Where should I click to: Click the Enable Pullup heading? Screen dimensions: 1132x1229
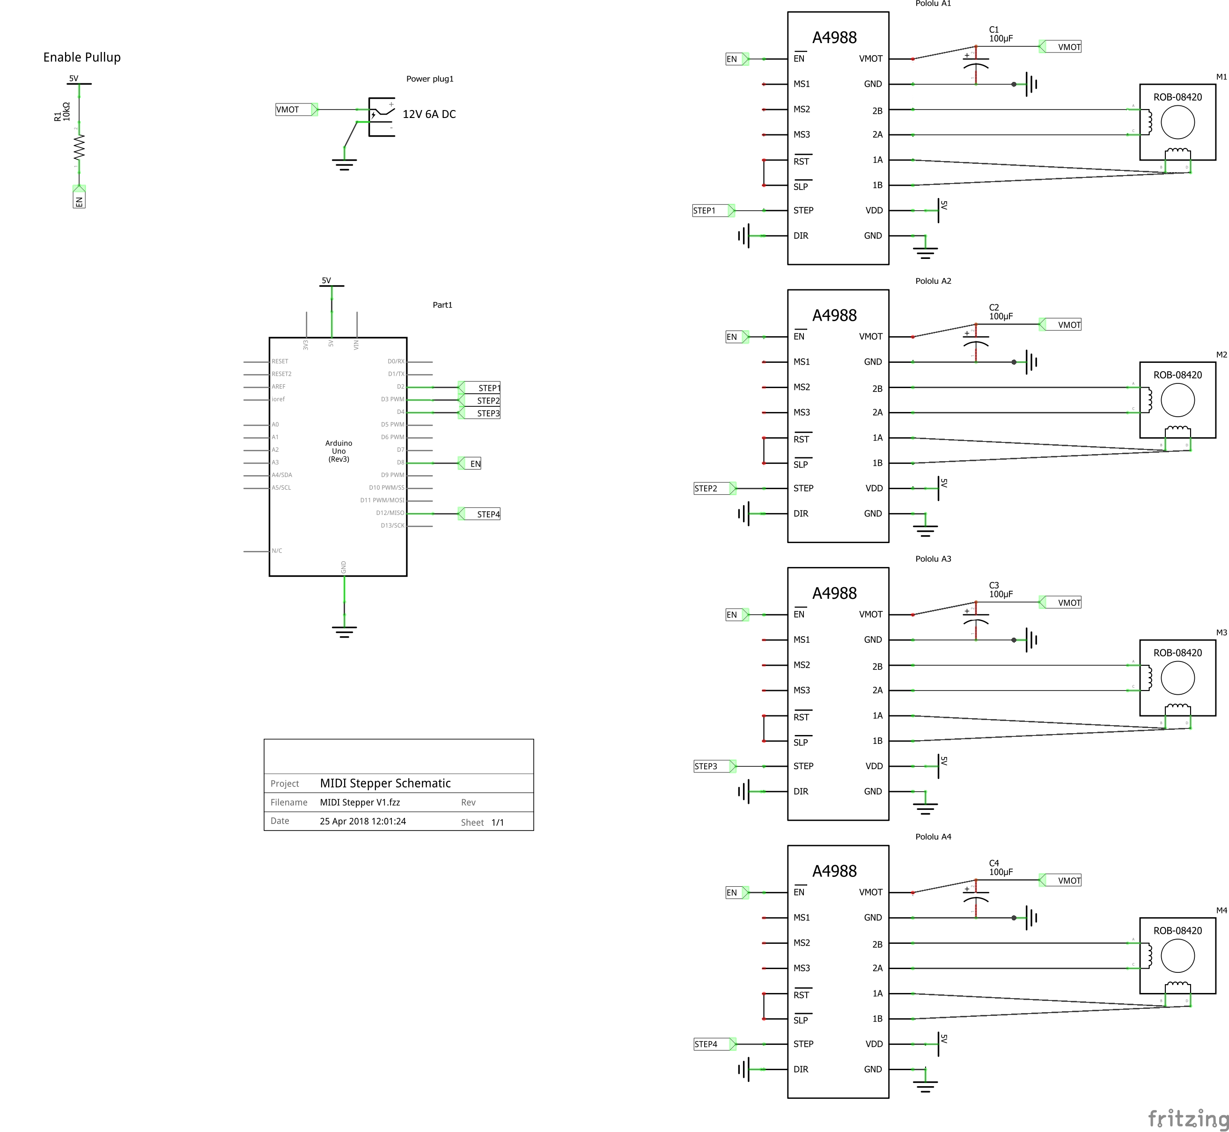coord(81,57)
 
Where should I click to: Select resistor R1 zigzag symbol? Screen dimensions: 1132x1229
coord(79,147)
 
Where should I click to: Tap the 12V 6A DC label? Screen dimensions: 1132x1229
coord(429,114)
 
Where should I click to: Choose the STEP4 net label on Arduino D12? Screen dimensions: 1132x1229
coord(488,514)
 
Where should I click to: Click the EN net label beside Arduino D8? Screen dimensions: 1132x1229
coord(475,463)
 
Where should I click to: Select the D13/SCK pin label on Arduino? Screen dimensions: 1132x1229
coord(392,526)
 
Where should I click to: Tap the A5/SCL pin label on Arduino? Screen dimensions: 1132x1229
coord(281,488)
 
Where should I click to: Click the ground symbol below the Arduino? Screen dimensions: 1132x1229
coord(344,632)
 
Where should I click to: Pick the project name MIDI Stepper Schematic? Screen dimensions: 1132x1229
coord(385,783)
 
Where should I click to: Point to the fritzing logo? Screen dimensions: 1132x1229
coord(1187,1118)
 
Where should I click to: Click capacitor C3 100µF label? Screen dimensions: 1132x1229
coord(1001,590)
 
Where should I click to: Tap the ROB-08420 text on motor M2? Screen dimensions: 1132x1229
coord(1177,375)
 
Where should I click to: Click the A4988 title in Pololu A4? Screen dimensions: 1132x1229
coord(834,871)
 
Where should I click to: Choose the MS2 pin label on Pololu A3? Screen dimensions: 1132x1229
coord(802,665)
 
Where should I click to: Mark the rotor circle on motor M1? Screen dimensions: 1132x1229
coord(1177,123)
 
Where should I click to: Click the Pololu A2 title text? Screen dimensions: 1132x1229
coord(933,281)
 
